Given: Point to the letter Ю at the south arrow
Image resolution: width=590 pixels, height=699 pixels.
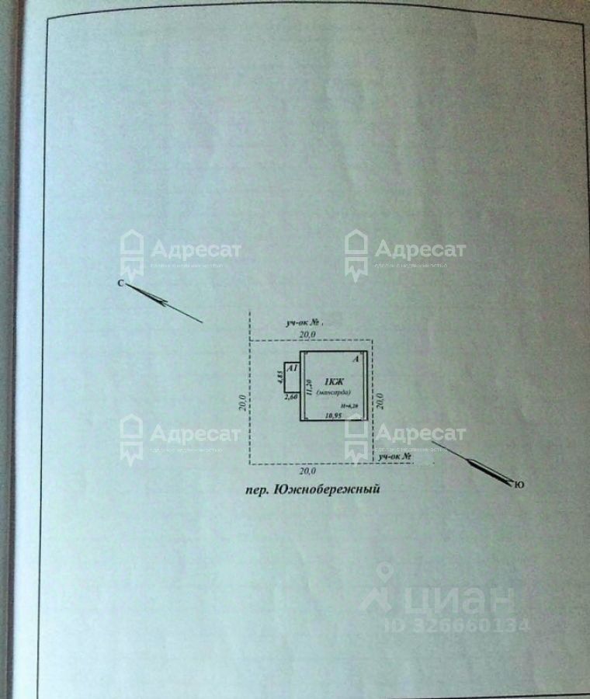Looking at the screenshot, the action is click(519, 485).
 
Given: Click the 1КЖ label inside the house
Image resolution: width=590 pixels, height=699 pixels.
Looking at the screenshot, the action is click(335, 381).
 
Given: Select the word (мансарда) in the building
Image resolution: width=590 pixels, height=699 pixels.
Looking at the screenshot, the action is click(335, 392).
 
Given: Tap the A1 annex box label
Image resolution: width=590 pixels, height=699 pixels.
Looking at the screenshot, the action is click(292, 370).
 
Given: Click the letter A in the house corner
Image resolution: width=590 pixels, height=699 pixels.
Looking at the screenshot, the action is click(356, 360).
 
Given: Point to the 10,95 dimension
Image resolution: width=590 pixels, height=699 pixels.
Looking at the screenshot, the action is click(334, 416).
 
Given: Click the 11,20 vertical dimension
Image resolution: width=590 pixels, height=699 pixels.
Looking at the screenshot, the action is click(308, 385).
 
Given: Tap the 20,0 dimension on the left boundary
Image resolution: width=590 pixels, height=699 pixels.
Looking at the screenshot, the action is click(242, 402).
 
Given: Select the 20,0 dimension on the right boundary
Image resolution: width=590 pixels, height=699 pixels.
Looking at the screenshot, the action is click(380, 400).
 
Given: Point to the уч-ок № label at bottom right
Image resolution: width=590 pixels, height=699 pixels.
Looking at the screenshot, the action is click(394, 458).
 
